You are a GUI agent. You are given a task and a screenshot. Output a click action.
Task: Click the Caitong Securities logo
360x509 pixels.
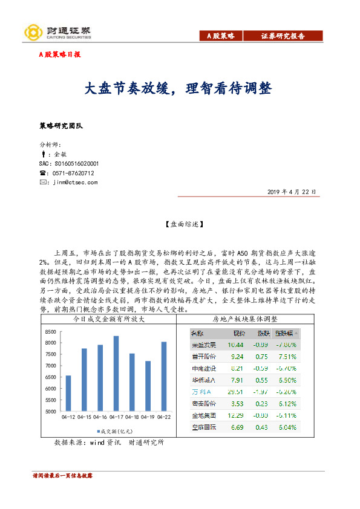(x=57, y=32)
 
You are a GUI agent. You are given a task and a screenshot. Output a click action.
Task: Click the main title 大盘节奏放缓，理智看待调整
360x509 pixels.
(x=178, y=89)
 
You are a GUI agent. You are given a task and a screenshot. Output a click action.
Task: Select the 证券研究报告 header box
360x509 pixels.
(x=282, y=36)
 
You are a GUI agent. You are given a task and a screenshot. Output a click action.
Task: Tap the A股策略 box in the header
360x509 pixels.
(x=221, y=36)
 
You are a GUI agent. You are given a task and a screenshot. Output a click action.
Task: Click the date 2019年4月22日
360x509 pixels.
(x=292, y=192)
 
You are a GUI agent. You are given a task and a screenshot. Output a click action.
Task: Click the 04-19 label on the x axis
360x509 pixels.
(x=147, y=417)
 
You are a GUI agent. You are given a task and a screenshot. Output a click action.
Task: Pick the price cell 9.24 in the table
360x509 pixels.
(x=235, y=357)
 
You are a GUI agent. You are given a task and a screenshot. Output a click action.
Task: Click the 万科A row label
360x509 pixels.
(x=201, y=392)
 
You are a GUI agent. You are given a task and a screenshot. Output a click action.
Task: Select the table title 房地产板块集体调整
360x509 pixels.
(x=245, y=319)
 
